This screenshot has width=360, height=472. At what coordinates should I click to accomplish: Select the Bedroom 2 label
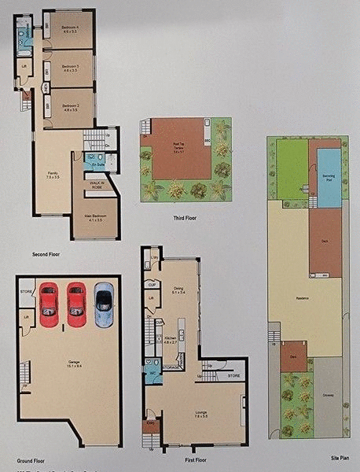(71, 107)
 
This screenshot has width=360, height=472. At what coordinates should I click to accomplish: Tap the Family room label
(52, 176)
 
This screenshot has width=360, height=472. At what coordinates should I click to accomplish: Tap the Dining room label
(178, 290)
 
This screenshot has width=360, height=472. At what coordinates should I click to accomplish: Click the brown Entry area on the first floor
(152, 427)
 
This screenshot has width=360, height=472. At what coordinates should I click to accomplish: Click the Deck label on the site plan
(324, 242)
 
